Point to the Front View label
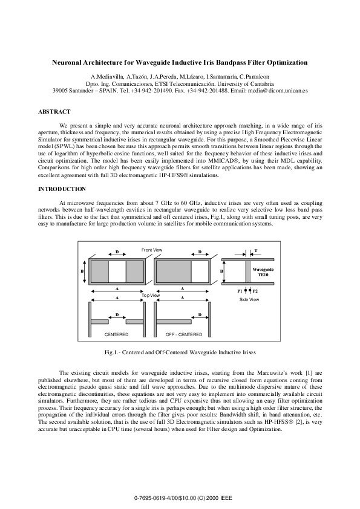click(152, 250)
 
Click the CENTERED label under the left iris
click(116, 334)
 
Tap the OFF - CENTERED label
click(183, 334)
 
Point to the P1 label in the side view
click(240, 291)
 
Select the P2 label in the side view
click(255, 291)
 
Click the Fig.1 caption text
click(180, 352)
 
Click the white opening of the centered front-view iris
click(117, 271)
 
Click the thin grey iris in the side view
click(247, 271)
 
